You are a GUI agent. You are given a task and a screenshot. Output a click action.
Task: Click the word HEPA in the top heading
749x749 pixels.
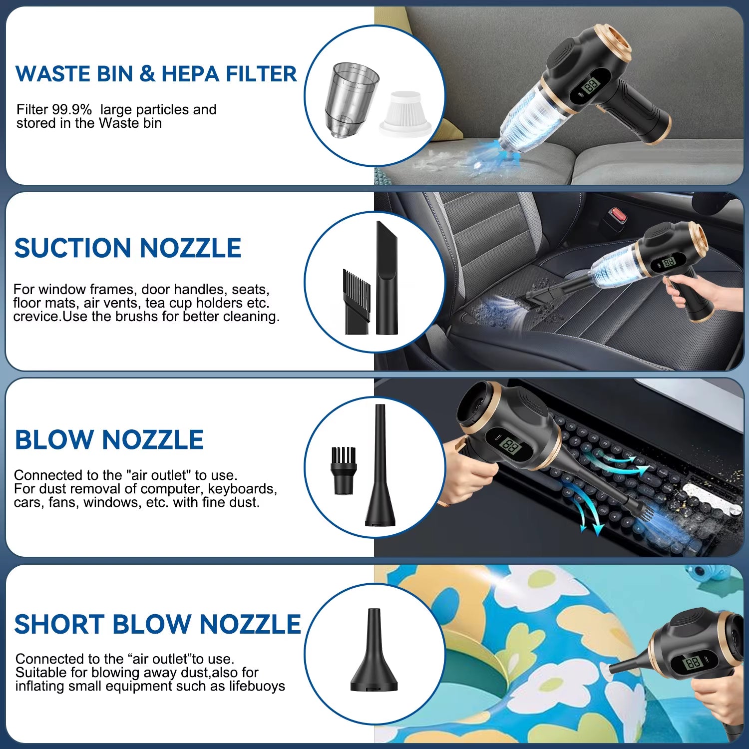pos(191,74)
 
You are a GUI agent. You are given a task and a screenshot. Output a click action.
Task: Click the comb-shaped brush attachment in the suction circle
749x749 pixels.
pos(357,302)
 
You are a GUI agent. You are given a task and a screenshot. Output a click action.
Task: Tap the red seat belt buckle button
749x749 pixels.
pos(619,216)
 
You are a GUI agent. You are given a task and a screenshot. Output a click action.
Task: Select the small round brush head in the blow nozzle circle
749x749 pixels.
pos(344,470)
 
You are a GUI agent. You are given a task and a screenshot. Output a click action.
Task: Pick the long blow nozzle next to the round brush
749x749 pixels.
pos(380,467)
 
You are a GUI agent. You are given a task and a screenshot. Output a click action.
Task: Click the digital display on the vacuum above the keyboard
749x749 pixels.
pos(511,446)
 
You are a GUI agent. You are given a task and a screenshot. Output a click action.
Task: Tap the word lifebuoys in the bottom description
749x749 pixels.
pos(257,686)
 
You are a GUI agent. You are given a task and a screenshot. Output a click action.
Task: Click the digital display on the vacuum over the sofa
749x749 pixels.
pos(591,85)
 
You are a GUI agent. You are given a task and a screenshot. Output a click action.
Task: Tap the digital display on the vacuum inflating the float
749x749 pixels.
pos(694,663)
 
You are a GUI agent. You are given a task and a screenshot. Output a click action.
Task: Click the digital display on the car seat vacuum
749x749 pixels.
pos(668,262)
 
